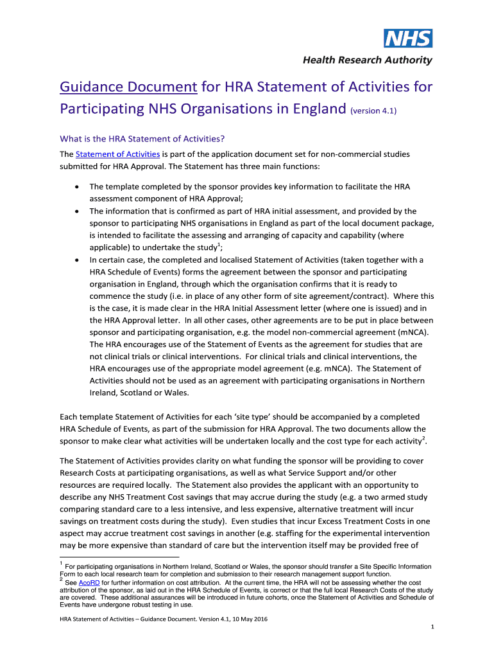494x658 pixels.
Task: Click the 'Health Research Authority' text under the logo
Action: click(x=368, y=60)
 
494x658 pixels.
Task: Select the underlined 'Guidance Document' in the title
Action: click(x=128, y=87)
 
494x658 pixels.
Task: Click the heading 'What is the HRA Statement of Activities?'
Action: click(x=142, y=139)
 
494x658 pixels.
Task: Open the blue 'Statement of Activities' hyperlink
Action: click(x=117, y=154)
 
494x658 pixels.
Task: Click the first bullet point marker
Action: click(x=77, y=186)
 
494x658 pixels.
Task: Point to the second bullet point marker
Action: click(x=77, y=211)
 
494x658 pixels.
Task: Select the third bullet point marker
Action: click(x=77, y=260)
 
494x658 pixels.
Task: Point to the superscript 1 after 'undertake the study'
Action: click(x=219, y=244)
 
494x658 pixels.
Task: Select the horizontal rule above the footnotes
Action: click(x=119, y=557)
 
